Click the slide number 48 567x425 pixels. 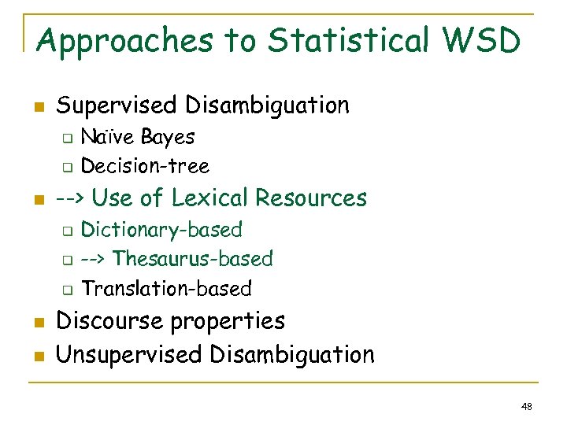coord(527,406)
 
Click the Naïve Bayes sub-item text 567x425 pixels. coord(138,137)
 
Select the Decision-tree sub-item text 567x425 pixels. coord(145,166)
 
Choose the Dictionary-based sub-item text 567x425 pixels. coord(161,230)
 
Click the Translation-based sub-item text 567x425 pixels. coord(166,289)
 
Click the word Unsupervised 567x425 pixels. coord(130,354)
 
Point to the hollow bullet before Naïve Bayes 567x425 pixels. coord(68,139)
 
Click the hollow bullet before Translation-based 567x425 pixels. coord(68,290)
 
